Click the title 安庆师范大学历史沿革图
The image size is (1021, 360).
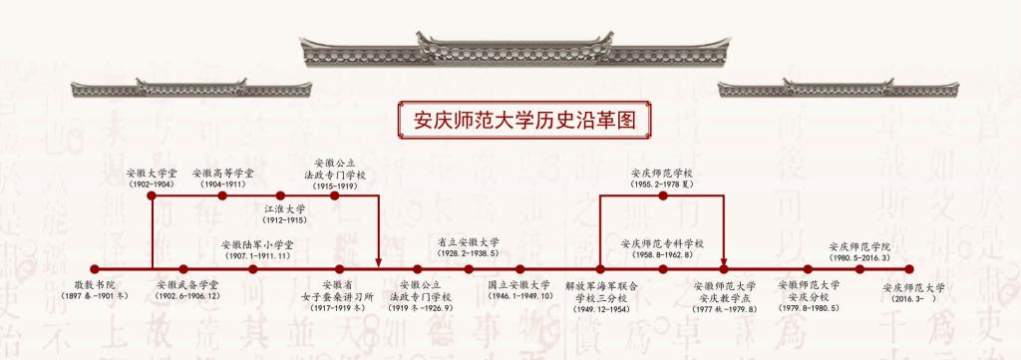pyautogui.click(x=524, y=121)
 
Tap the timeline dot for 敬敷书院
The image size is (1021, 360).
pyautogui.click(x=95, y=269)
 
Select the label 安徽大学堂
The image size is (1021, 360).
pyautogui.click(x=152, y=174)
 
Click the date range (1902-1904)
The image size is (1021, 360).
pyautogui.click(x=152, y=184)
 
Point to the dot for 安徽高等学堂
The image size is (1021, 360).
pyautogui.click(x=222, y=195)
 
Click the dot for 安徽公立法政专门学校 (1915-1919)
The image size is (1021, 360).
pyautogui.click(x=335, y=195)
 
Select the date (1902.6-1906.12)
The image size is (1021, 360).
pyautogui.click(x=187, y=296)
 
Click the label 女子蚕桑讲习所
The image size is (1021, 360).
pyautogui.click(x=339, y=295)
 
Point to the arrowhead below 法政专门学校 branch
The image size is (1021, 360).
pyautogui.click(x=378, y=262)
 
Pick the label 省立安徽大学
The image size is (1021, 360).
pyautogui.click(x=469, y=241)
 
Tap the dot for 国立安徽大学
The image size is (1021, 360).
pyautogui.click(x=519, y=269)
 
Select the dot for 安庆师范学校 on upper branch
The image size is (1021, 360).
pyautogui.click(x=663, y=195)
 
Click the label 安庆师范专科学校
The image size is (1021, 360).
pyautogui.click(x=662, y=243)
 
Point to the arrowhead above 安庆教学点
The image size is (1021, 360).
pyautogui.click(x=724, y=262)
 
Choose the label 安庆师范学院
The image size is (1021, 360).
pyautogui.click(x=859, y=246)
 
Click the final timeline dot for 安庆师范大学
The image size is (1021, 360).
pyautogui.click(x=909, y=269)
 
